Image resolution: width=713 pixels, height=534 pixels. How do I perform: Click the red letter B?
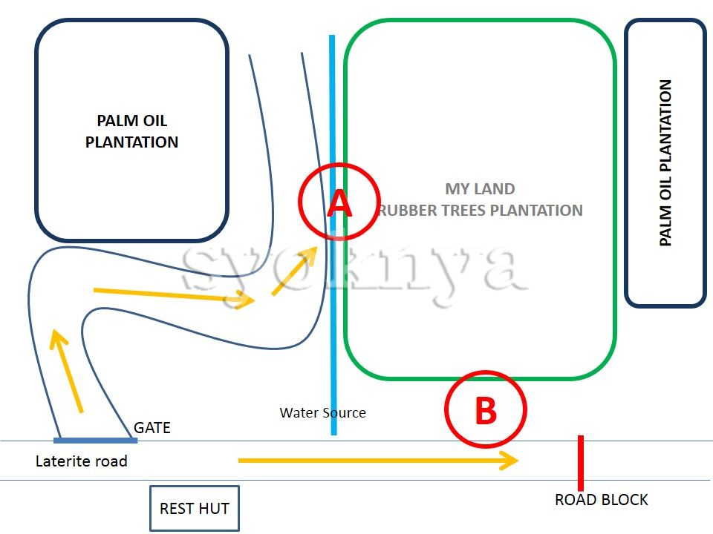[486, 410]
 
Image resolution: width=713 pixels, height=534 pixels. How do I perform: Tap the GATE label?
[152, 428]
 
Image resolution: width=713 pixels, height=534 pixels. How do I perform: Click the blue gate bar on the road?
[96, 441]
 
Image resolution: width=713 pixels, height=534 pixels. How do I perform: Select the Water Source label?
[323, 413]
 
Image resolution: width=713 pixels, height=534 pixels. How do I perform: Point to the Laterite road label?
[82, 461]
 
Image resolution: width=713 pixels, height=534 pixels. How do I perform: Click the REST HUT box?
[195, 508]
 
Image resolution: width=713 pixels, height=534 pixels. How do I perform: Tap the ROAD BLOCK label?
[601, 500]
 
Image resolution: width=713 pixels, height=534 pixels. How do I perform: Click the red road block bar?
[581, 463]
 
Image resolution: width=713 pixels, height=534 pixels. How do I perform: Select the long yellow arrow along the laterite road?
[378, 461]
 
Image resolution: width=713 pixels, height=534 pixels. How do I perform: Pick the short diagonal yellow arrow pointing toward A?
[295, 271]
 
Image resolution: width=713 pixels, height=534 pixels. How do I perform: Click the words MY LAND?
[481, 189]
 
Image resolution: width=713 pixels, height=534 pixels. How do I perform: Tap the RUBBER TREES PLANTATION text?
[481, 210]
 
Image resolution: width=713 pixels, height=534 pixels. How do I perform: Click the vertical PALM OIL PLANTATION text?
[665, 163]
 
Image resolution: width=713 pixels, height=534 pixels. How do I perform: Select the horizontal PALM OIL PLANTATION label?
[132, 131]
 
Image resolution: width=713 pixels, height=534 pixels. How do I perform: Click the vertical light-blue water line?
[333, 235]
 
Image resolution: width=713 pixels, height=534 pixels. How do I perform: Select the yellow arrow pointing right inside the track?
[174, 296]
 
